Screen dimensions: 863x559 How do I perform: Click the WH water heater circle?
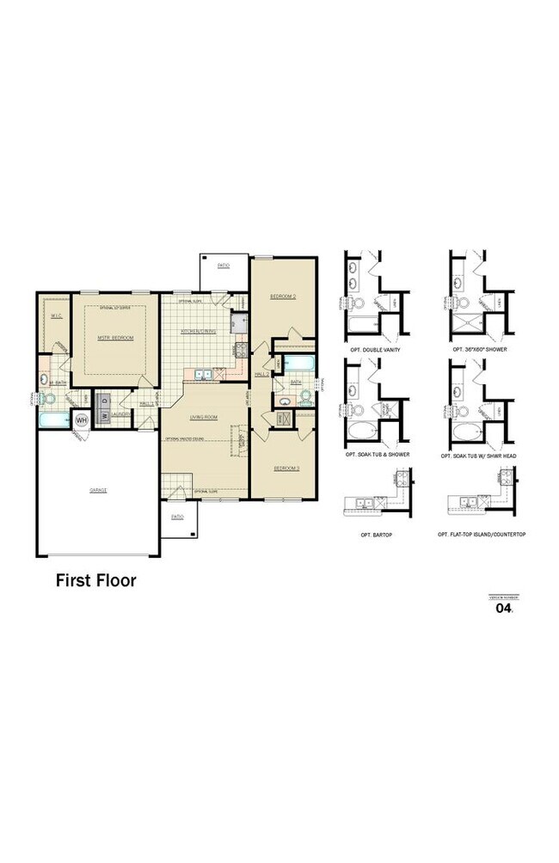83,419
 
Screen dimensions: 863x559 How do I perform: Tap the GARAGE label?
97,490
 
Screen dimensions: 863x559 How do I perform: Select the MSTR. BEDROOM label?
115,338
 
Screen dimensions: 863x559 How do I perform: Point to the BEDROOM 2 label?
282,297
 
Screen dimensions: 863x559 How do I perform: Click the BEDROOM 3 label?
286,468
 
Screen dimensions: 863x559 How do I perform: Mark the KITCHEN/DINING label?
198,331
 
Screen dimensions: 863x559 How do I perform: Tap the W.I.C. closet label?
56,316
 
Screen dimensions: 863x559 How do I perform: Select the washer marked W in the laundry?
104,416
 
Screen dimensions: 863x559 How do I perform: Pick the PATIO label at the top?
222,266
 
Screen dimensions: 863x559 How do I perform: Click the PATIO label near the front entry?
177,517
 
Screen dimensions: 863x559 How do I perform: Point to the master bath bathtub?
53,420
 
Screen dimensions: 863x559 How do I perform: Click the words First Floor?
96,580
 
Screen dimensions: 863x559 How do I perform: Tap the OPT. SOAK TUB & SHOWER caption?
377,453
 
